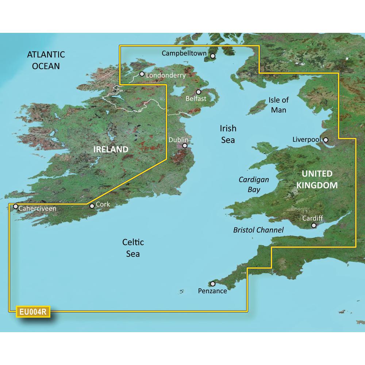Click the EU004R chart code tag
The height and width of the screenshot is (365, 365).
32,312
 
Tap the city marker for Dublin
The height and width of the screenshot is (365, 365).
185,145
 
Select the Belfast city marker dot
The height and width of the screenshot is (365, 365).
199,92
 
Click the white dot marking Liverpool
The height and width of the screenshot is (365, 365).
326,139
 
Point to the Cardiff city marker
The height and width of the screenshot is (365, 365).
314,226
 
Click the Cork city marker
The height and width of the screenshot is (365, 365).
92,206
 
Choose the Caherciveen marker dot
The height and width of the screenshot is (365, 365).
16,206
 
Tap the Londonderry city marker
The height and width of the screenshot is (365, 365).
142,74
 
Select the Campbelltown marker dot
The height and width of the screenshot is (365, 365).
213,56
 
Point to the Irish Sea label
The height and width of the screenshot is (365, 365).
228,134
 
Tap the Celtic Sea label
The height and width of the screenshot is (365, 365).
133,248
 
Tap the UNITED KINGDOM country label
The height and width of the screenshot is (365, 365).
317,180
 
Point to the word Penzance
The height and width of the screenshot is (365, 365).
212,291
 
